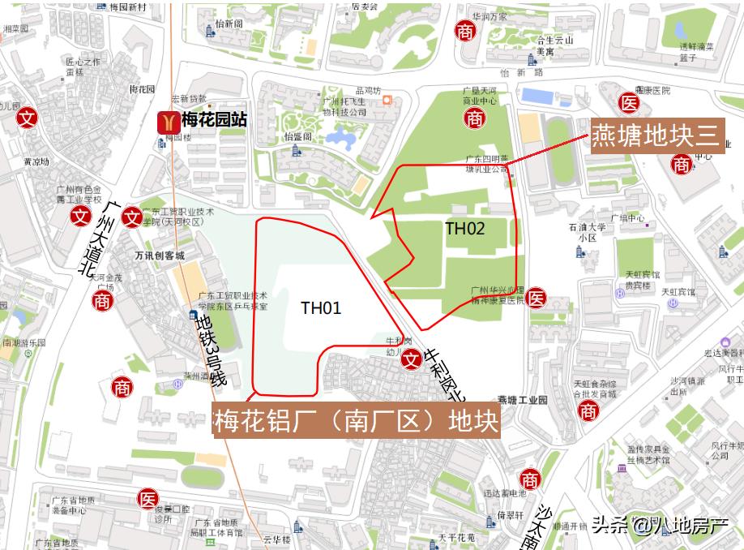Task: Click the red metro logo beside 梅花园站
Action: (168, 122)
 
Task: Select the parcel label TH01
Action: (321, 307)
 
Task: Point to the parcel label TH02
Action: (465, 229)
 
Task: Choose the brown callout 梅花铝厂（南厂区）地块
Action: (356, 421)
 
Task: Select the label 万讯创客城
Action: (160, 256)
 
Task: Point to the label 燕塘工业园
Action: (523, 400)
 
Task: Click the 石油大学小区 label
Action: (588, 233)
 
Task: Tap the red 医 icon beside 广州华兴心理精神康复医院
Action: (536, 299)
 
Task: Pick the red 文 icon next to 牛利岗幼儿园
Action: (412, 357)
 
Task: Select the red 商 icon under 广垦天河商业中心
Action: (475, 118)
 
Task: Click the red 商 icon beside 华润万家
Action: (465, 32)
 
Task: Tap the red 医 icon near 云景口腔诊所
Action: (148, 498)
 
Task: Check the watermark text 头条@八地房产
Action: (659, 526)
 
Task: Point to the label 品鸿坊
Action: (367, 91)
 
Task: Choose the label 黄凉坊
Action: (36, 161)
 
